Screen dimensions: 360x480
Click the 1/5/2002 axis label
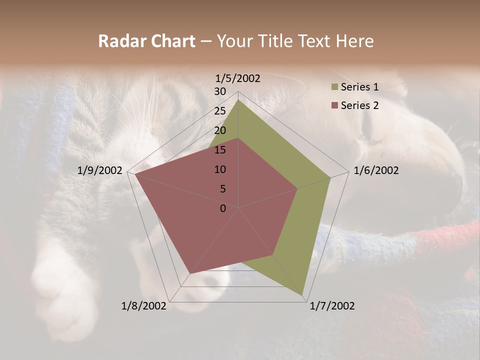click(237, 78)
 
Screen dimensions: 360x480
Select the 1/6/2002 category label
click(376, 170)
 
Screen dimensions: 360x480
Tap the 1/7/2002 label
click(332, 306)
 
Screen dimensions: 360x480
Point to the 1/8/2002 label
click(144, 306)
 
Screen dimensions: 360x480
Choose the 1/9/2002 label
click(100, 170)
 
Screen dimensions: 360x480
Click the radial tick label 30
click(220, 91)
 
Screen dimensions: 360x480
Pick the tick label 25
click(220, 111)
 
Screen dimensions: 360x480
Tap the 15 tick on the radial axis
click(220, 150)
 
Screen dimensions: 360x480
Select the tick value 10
click(220, 169)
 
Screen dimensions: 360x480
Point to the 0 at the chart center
click(223, 208)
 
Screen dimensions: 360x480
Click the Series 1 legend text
click(359, 87)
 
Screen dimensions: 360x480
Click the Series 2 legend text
click(359, 105)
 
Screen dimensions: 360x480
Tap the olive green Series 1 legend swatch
click(334, 87)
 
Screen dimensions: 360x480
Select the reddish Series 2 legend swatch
click(334, 105)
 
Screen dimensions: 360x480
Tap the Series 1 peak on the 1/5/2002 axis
click(238, 99)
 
